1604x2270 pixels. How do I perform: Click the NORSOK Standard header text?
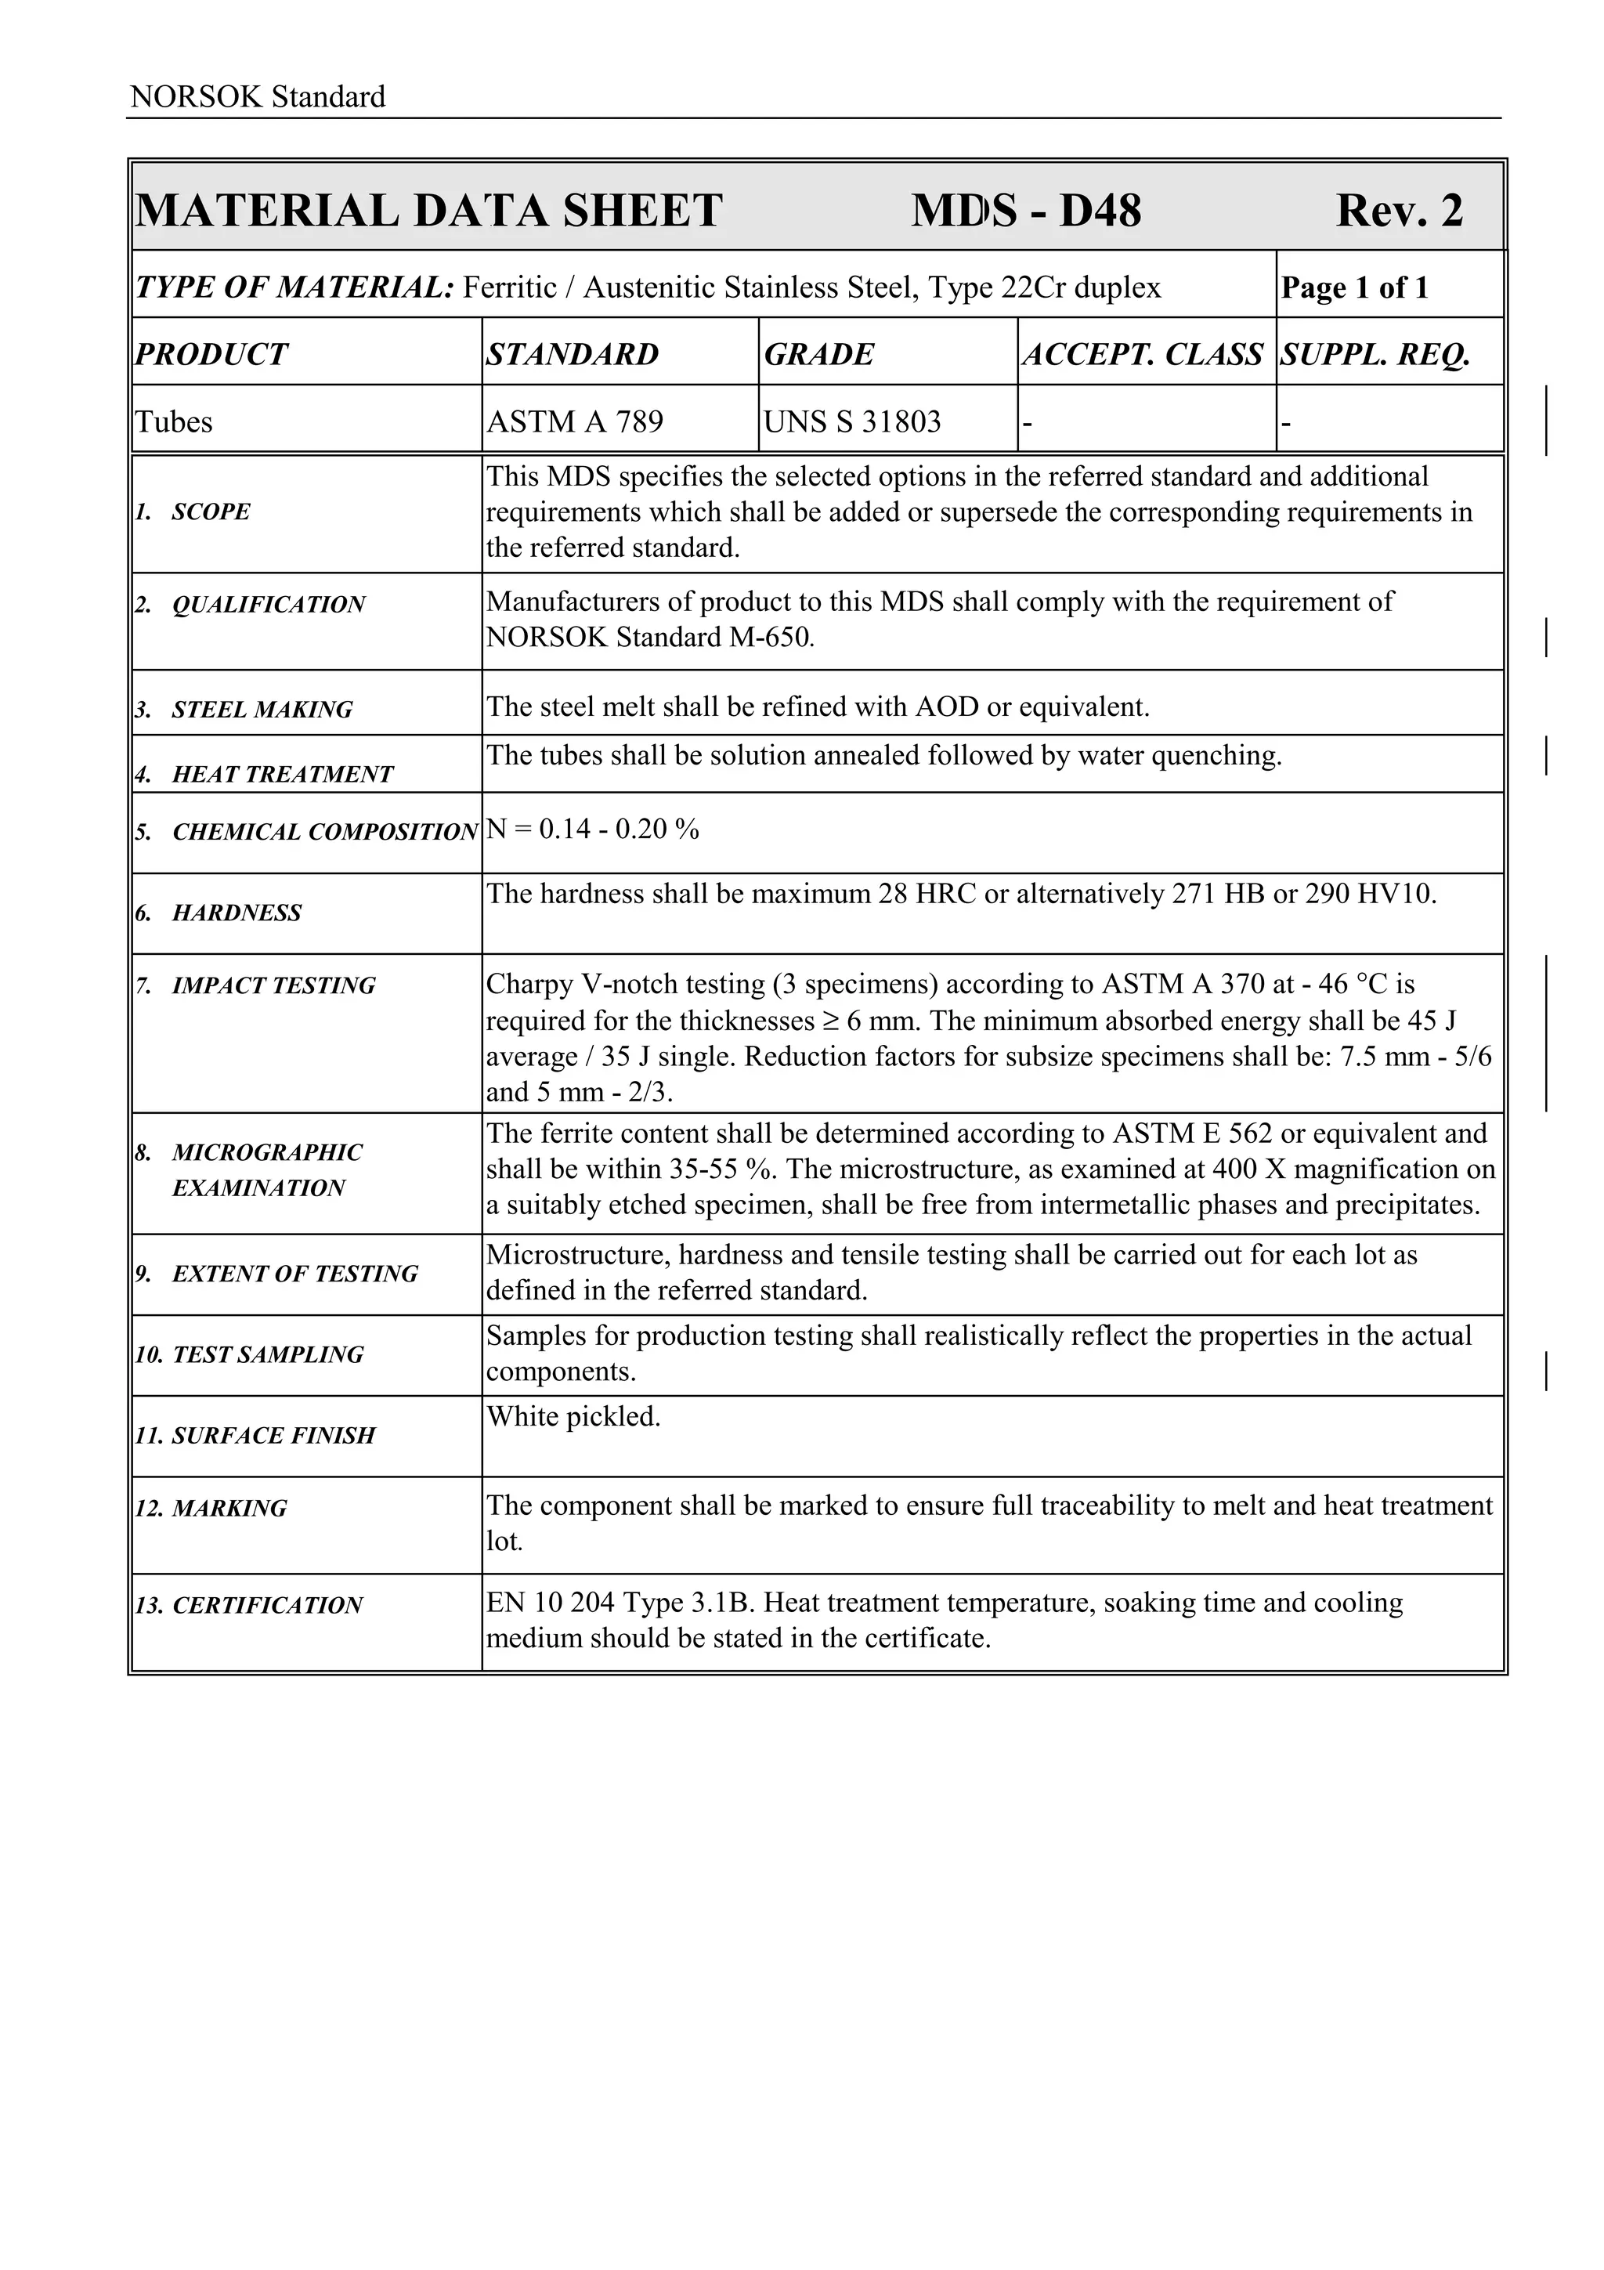[257, 97]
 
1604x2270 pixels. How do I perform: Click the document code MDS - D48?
[1025, 211]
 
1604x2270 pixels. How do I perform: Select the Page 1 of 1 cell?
[1354, 287]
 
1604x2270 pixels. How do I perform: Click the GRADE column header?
[818, 354]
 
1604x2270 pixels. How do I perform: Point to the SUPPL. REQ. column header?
[1375, 354]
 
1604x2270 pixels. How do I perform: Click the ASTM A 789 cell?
[574, 422]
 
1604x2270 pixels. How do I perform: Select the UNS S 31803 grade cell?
[852, 422]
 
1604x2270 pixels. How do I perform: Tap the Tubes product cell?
[174, 422]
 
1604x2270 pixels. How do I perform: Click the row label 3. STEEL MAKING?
[244, 710]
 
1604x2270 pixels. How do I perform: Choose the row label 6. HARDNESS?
[219, 913]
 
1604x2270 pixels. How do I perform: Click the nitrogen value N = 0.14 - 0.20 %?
[592, 830]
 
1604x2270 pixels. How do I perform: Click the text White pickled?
[573, 1417]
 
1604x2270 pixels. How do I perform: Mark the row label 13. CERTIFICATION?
[249, 1606]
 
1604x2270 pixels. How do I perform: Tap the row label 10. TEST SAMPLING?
[249, 1354]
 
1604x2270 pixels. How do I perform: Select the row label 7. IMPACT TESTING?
[255, 985]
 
